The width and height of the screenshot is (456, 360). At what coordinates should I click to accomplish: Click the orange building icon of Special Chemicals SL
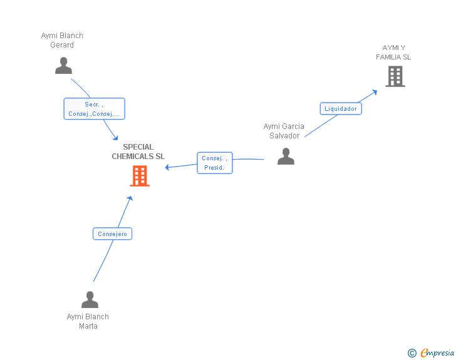140,176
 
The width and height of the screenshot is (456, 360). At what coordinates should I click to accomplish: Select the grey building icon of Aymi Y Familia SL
395,76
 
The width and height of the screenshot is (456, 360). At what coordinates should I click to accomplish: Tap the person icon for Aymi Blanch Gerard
63,66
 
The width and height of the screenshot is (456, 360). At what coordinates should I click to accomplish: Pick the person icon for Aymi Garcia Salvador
286,157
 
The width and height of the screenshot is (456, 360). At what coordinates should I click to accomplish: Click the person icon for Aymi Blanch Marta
90,299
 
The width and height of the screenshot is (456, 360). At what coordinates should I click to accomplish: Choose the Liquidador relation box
341,109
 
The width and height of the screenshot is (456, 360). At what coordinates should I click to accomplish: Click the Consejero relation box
112,234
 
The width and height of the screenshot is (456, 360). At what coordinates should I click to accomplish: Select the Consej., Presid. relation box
215,163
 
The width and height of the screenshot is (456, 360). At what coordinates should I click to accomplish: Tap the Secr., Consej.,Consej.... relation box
94,109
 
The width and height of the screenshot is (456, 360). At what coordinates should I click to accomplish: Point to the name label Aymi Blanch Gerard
62,40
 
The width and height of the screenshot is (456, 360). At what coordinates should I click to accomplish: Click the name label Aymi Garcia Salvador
284,131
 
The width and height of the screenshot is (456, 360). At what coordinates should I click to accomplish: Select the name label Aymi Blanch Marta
88,321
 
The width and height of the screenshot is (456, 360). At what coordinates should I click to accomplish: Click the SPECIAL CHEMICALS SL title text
138,152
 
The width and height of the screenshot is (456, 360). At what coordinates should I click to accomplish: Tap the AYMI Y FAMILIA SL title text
393,53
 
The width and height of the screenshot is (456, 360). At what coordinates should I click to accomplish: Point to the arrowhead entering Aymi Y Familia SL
375,92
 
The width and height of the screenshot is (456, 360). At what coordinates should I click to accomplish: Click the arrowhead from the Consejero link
130,198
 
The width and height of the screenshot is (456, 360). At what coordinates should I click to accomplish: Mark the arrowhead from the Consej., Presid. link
167,167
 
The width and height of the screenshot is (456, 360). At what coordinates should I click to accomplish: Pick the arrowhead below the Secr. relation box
115,138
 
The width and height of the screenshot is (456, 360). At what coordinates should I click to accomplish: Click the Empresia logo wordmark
437,352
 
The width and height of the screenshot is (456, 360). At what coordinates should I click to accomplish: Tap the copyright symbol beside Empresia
412,353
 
